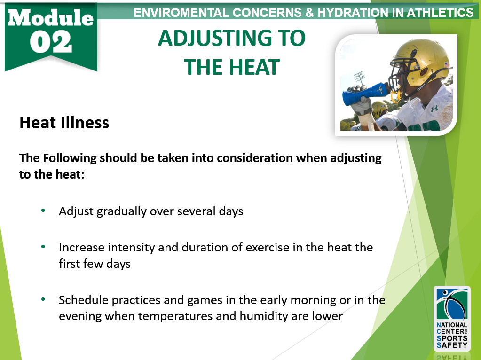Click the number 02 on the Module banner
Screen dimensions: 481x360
tap(51, 42)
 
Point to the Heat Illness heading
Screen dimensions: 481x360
tap(64, 123)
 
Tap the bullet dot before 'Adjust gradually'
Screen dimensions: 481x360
tap(43, 211)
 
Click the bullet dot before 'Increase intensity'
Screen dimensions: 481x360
tap(43, 246)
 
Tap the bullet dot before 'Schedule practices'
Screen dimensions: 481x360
tap(43, 299)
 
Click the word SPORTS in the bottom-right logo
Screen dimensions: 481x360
tap(452, 338)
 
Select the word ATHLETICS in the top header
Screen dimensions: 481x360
tap(440, 13)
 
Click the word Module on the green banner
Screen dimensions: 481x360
tap(51, 18)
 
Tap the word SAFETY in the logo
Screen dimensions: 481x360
tap(452, 345)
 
